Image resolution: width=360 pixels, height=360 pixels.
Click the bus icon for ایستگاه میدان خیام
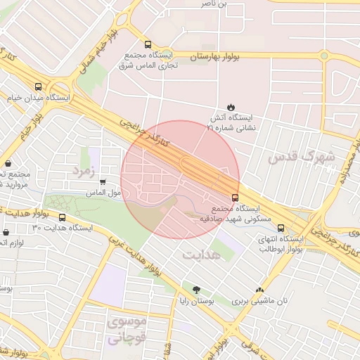pyautogui.click(x=38, y=87)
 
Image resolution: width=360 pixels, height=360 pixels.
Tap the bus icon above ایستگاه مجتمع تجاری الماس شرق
pyautogui.click(x=147, y=44)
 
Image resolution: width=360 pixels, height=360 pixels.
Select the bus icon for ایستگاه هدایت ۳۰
pyautogui.click(x=62, y=218)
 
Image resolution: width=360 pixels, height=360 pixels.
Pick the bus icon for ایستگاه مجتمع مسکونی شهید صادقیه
pyautogui.click(x=234, y=198)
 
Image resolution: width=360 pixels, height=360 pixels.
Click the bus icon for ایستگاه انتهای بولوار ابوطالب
pyautogui.click(x=281, y=228)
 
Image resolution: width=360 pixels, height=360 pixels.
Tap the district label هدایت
pyautogui.click(x=202, y=254)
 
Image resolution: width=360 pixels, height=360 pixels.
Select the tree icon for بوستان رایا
pyautogui.click(x=195, y=290)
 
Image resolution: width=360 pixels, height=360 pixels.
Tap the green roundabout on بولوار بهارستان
pyautogui.click(x=324, y=56)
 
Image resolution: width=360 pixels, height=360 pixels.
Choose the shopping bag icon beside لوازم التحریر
pyautogui.click(x=6, y=231)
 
